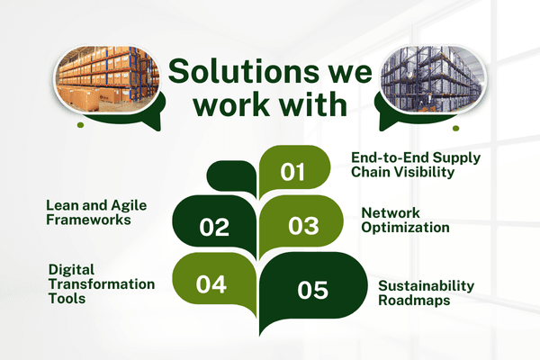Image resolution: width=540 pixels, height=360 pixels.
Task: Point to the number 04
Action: point(211,283)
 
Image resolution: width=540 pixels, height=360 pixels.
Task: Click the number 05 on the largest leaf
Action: point(312,290)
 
